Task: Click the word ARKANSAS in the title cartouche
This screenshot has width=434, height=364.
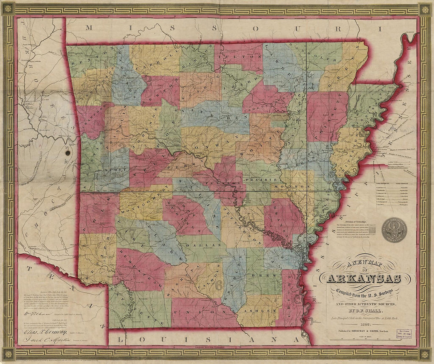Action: [363, 278]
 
